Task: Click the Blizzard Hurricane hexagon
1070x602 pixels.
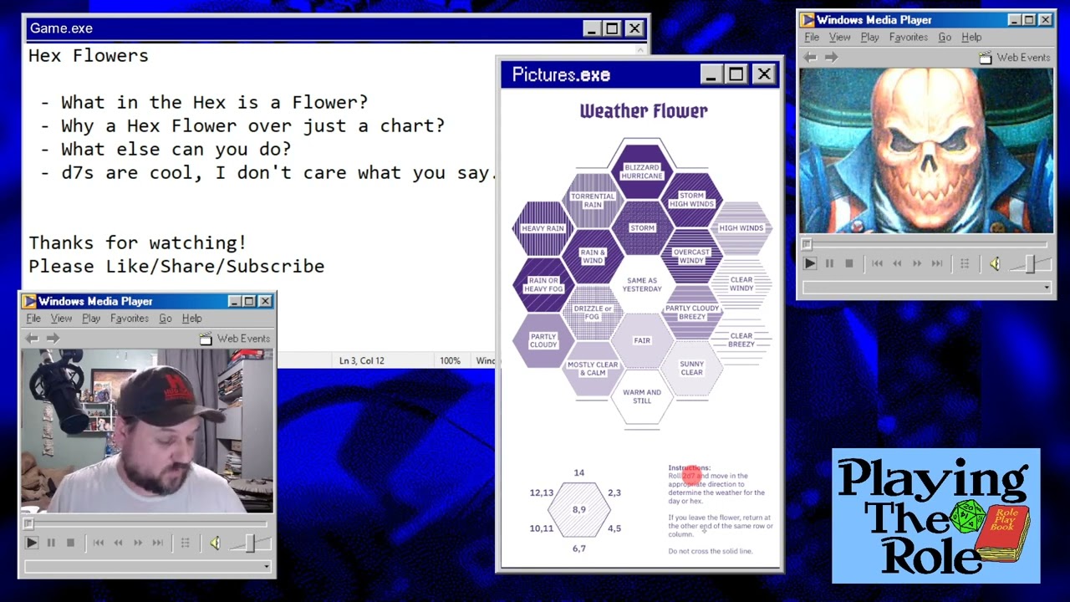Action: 642,171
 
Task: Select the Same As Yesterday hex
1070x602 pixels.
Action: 642,285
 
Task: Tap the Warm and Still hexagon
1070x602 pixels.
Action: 642,396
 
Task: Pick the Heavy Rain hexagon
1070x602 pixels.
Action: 543,228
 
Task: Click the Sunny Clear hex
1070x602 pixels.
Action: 691,368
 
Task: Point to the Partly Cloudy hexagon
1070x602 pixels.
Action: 543,341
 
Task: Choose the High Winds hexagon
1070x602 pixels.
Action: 741,228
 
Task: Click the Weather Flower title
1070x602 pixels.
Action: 643,111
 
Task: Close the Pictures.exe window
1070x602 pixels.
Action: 764,74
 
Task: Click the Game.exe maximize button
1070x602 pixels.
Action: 613,28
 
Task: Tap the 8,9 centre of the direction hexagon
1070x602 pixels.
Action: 578,509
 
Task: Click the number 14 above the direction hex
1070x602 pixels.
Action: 578,473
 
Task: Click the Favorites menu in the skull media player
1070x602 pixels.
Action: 908,38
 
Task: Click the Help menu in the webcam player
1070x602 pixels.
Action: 191,319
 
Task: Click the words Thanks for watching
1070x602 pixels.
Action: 137,243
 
